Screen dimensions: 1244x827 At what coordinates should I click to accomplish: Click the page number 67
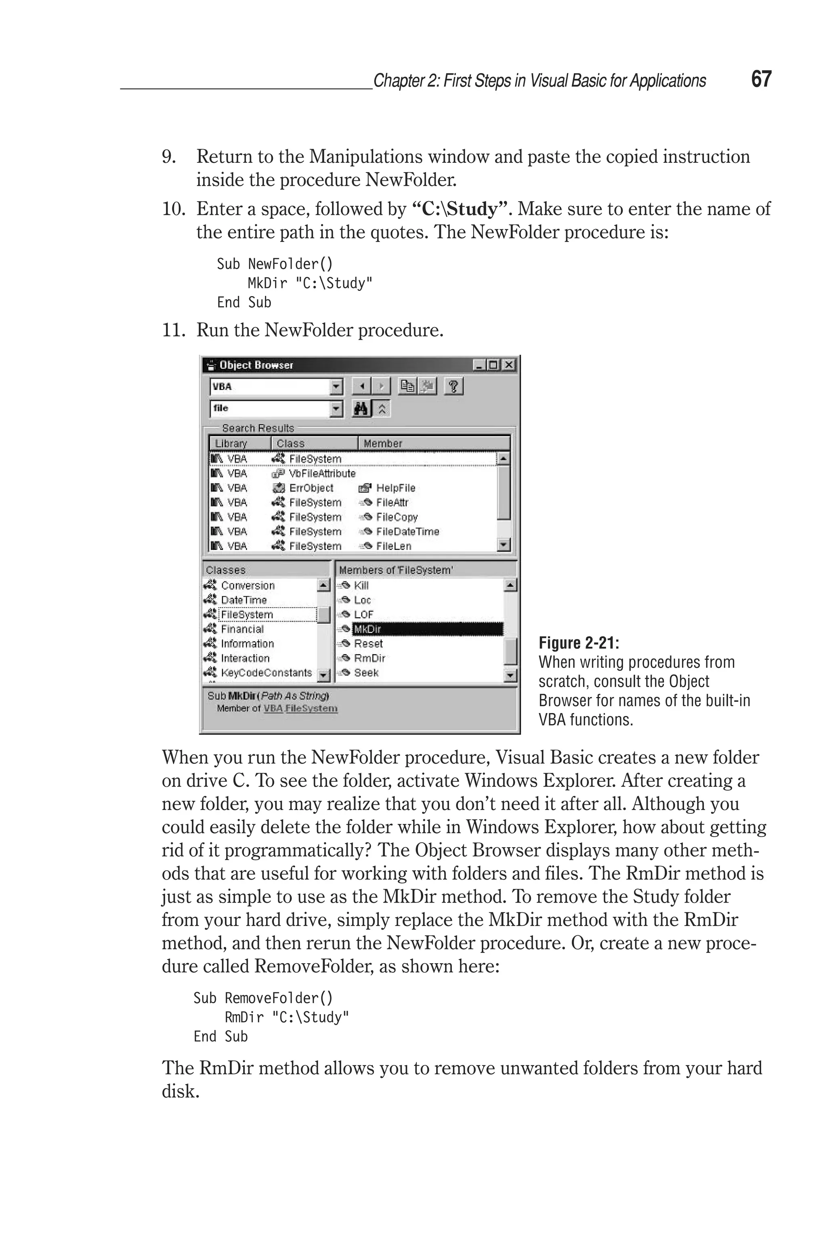click(x=761, y=79)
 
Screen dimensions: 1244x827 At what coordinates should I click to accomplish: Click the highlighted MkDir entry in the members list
click(x=367, y=629)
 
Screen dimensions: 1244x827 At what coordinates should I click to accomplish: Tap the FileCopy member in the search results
click(x=396, y=517)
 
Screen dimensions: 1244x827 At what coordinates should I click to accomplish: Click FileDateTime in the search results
click(x=407, y=531)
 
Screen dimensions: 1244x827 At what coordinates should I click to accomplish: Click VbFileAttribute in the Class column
click(x=322, y=473)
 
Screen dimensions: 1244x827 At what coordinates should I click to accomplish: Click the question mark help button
click(x=453, y=386)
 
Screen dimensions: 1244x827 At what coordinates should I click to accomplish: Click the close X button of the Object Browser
click(x=508, y=364)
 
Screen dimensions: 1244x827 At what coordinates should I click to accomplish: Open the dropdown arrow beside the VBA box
click(x=336, y=387)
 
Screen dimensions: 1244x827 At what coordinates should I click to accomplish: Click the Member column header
click(x=382, y=444)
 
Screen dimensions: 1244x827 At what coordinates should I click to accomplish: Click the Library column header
click(x=231, y=444)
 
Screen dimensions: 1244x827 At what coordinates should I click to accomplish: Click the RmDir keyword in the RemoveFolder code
click(x=243, y=1017)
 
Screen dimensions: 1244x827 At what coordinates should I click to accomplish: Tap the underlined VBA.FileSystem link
click(x=300, y=708)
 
